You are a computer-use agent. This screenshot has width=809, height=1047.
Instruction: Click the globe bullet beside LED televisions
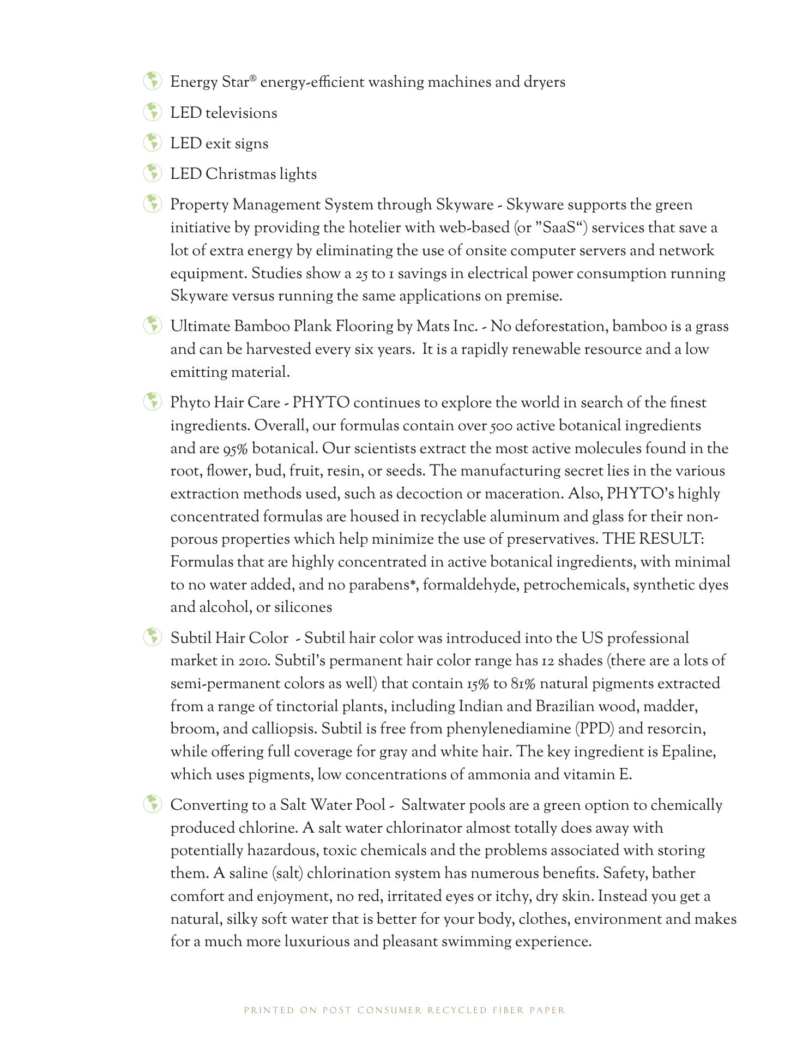tap(153, 112)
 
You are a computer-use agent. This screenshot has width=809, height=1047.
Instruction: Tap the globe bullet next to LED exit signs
tap(153, 143)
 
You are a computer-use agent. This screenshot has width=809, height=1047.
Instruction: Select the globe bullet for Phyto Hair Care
tap(153, 402)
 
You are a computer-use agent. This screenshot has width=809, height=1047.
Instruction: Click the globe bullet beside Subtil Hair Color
tap(153, 637)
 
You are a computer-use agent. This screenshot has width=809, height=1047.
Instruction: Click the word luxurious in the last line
tap(316, 942)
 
